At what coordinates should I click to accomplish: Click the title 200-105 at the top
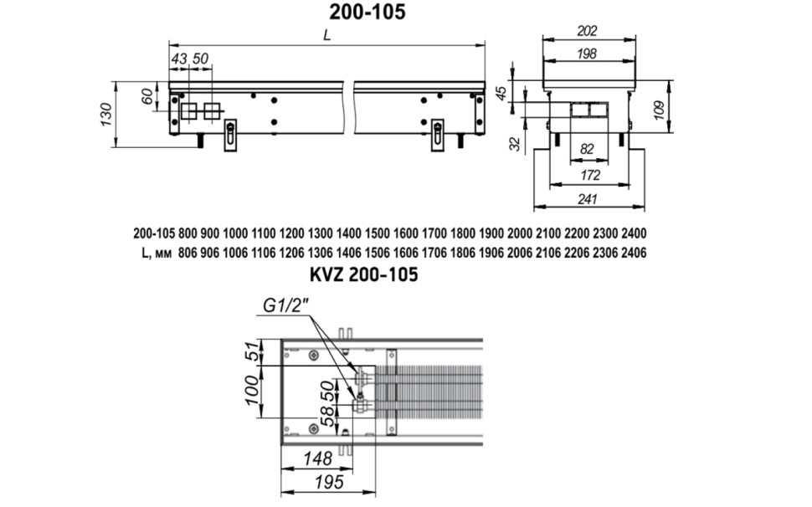367,12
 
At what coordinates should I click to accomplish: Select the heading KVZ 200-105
363,274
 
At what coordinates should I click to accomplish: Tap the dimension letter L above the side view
326,35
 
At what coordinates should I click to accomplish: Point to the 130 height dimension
106,115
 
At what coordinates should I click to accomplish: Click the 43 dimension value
179,59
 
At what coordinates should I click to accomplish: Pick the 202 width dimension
588,31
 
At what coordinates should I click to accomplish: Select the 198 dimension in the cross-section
587,54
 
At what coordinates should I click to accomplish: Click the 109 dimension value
659,110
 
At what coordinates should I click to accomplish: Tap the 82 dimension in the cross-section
587,149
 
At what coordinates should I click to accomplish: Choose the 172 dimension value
590,175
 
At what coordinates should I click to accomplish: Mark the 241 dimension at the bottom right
588,198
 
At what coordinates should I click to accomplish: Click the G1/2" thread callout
285,306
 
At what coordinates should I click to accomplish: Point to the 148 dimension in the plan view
317,458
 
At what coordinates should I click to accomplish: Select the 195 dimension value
329,482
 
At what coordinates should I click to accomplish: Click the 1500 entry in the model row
377,233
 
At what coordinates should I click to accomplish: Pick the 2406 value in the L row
634,253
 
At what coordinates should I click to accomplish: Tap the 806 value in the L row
188,253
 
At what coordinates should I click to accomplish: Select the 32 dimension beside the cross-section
515,144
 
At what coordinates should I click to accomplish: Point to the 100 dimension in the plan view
252,391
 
